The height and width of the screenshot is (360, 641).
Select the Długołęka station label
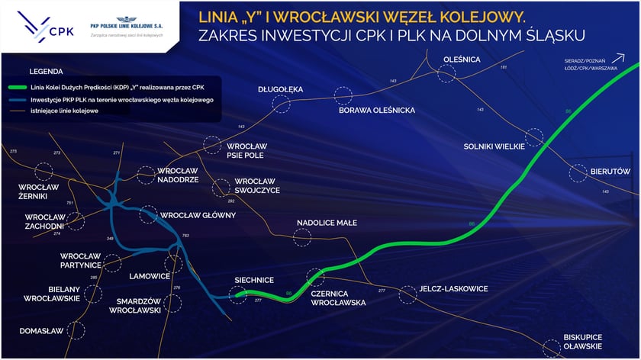point(281,89)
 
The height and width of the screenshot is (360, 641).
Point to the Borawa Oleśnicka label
point(376,111)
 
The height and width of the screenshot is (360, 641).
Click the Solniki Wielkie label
point(494,146)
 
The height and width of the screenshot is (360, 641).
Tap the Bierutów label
point(610,172)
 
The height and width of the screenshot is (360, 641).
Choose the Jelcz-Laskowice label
point(453,289)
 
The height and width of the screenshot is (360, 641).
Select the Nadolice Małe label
point(327,223)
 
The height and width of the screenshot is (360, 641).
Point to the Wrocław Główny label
point(198,215)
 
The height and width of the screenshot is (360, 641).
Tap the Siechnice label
point(254,280)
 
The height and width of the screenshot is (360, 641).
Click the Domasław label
point(41,331)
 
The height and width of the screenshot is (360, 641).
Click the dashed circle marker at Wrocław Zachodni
point(75,221)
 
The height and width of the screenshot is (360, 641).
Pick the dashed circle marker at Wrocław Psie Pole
point(212,145)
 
